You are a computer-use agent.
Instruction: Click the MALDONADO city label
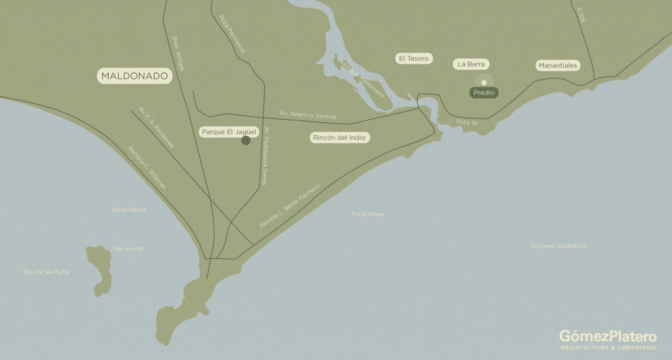pos(134,76)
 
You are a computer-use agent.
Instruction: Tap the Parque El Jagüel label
pos(229,132)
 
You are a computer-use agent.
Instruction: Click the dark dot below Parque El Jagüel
pos(246,140)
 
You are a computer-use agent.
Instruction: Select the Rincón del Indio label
pos(339,138)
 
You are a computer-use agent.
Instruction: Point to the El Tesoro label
pos(414,58)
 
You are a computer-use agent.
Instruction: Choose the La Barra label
pos(471,64)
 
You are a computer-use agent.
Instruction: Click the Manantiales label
pos(558,66)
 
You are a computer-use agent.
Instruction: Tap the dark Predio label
pos(484,93)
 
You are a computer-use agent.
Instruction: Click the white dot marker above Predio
pos(484,83)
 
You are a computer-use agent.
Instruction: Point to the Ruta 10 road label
pos(467,122)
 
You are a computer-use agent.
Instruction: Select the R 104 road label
pos(581,15)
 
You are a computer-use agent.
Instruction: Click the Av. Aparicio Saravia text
pos(308,115)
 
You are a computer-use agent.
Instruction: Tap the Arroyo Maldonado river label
pos(363,80)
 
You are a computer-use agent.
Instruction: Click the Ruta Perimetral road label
pos(232,34)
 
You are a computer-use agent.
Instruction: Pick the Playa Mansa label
pos(129,210)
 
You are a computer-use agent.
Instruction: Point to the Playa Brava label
pos(368,214)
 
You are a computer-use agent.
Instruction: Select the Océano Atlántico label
pos(558,246)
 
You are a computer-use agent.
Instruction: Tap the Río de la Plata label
pos(46,272)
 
